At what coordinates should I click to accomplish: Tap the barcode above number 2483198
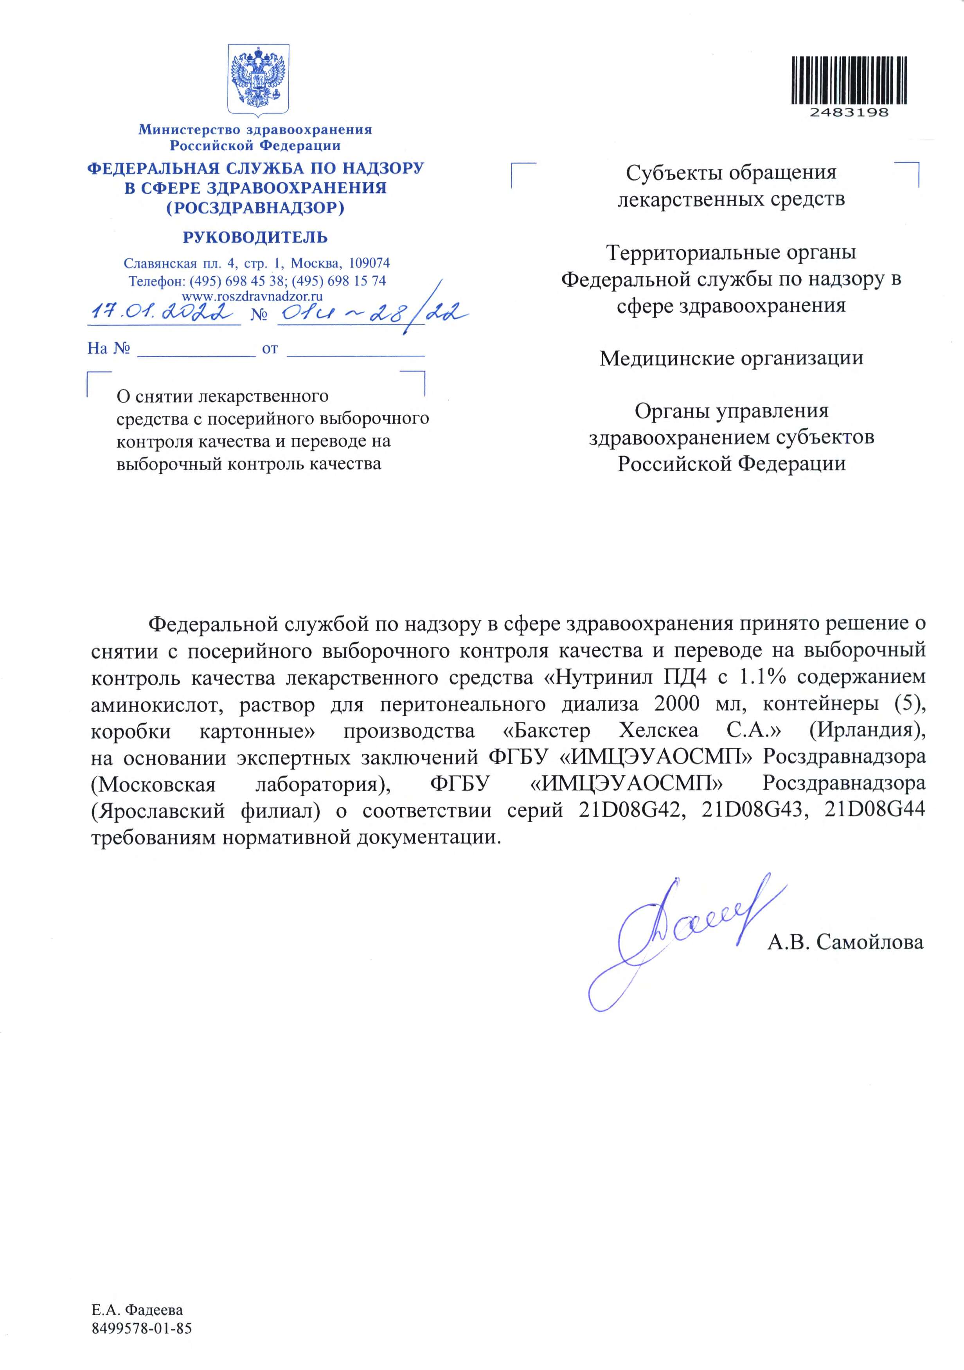click(849, 81)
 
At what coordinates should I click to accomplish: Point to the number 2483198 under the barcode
click(849, 112)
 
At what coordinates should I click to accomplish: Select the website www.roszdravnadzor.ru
click(252, 295)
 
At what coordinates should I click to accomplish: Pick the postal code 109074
click(369, 263)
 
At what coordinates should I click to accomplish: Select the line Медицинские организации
click(731, 358)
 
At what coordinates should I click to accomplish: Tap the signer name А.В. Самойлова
click(845, 942)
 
